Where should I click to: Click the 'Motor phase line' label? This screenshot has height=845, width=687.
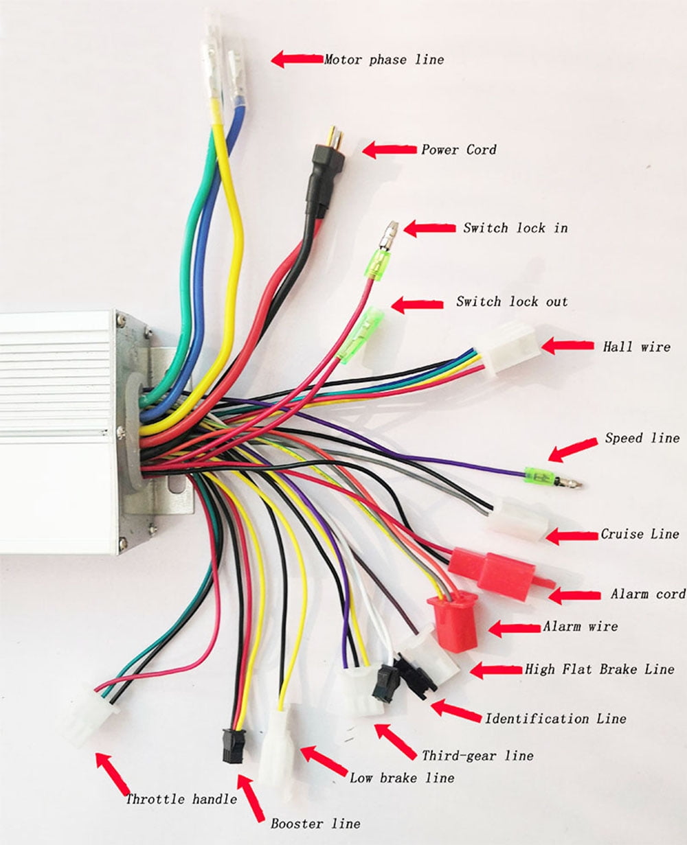(x=384, y=60)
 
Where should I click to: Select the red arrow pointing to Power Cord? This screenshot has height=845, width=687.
(x=389, y=149)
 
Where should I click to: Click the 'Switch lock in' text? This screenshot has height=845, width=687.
(x=515, y=228)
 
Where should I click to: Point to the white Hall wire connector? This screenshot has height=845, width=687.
(x=513, y=350)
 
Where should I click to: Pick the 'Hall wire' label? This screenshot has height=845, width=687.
(x=636, y=347)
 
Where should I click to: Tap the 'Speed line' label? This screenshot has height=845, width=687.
(x=642, y=438)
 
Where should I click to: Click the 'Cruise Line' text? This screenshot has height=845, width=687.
(x=640, y=534)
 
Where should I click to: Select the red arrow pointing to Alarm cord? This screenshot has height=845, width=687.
(x=575, y=595)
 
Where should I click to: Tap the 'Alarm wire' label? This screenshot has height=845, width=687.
(x=580, y=626)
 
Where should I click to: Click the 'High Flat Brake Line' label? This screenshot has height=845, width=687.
(x=599, y=669)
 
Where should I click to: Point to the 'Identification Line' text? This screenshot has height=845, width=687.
(x=555, y=719)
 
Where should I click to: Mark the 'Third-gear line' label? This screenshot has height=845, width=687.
(x=477, y=755)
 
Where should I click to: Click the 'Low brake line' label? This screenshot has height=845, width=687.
(x=402, y=778)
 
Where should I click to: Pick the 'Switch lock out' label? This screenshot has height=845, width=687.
(x=512, y=302)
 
